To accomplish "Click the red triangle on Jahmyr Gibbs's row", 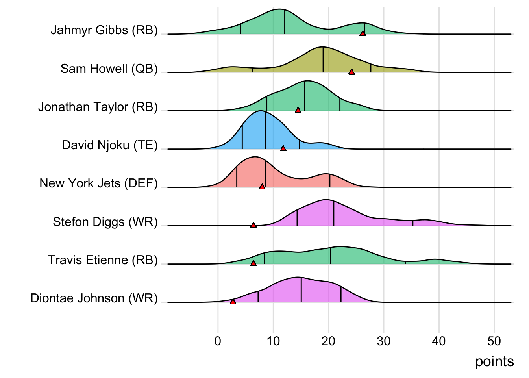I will click(x=363, y=33).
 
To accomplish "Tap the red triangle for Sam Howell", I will click(x=351, y=72).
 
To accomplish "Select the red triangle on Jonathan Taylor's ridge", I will click(x=298, y=110).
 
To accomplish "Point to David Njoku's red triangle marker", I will click(x=283, y=148).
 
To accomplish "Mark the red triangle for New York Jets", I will click(x=262, y=187).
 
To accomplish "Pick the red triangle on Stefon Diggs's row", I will click(x=253, y=225).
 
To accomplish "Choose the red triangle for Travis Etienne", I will click(x=253, y=263).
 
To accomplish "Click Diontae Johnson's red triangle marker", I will click(x=233, y=302).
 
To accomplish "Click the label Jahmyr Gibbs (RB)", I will click(x=104, y=30).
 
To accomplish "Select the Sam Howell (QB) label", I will click(x=109, y=69).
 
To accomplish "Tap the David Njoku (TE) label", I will click(x=110, y=145).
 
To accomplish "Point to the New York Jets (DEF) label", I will click(x=98, y=183).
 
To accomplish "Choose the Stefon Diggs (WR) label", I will click(x=105, y=222).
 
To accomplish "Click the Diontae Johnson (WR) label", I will click(x=94, y=298).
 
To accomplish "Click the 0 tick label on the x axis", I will click(x=218, y=341).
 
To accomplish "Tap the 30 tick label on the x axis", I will click(x=384, y=341).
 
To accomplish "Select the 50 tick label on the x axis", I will click(x=494, y=341).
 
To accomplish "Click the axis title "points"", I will click(x=494, y=362).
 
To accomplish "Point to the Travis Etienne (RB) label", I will click(x=103, y=260).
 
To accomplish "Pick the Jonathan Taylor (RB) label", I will click(x=98, y=107).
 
